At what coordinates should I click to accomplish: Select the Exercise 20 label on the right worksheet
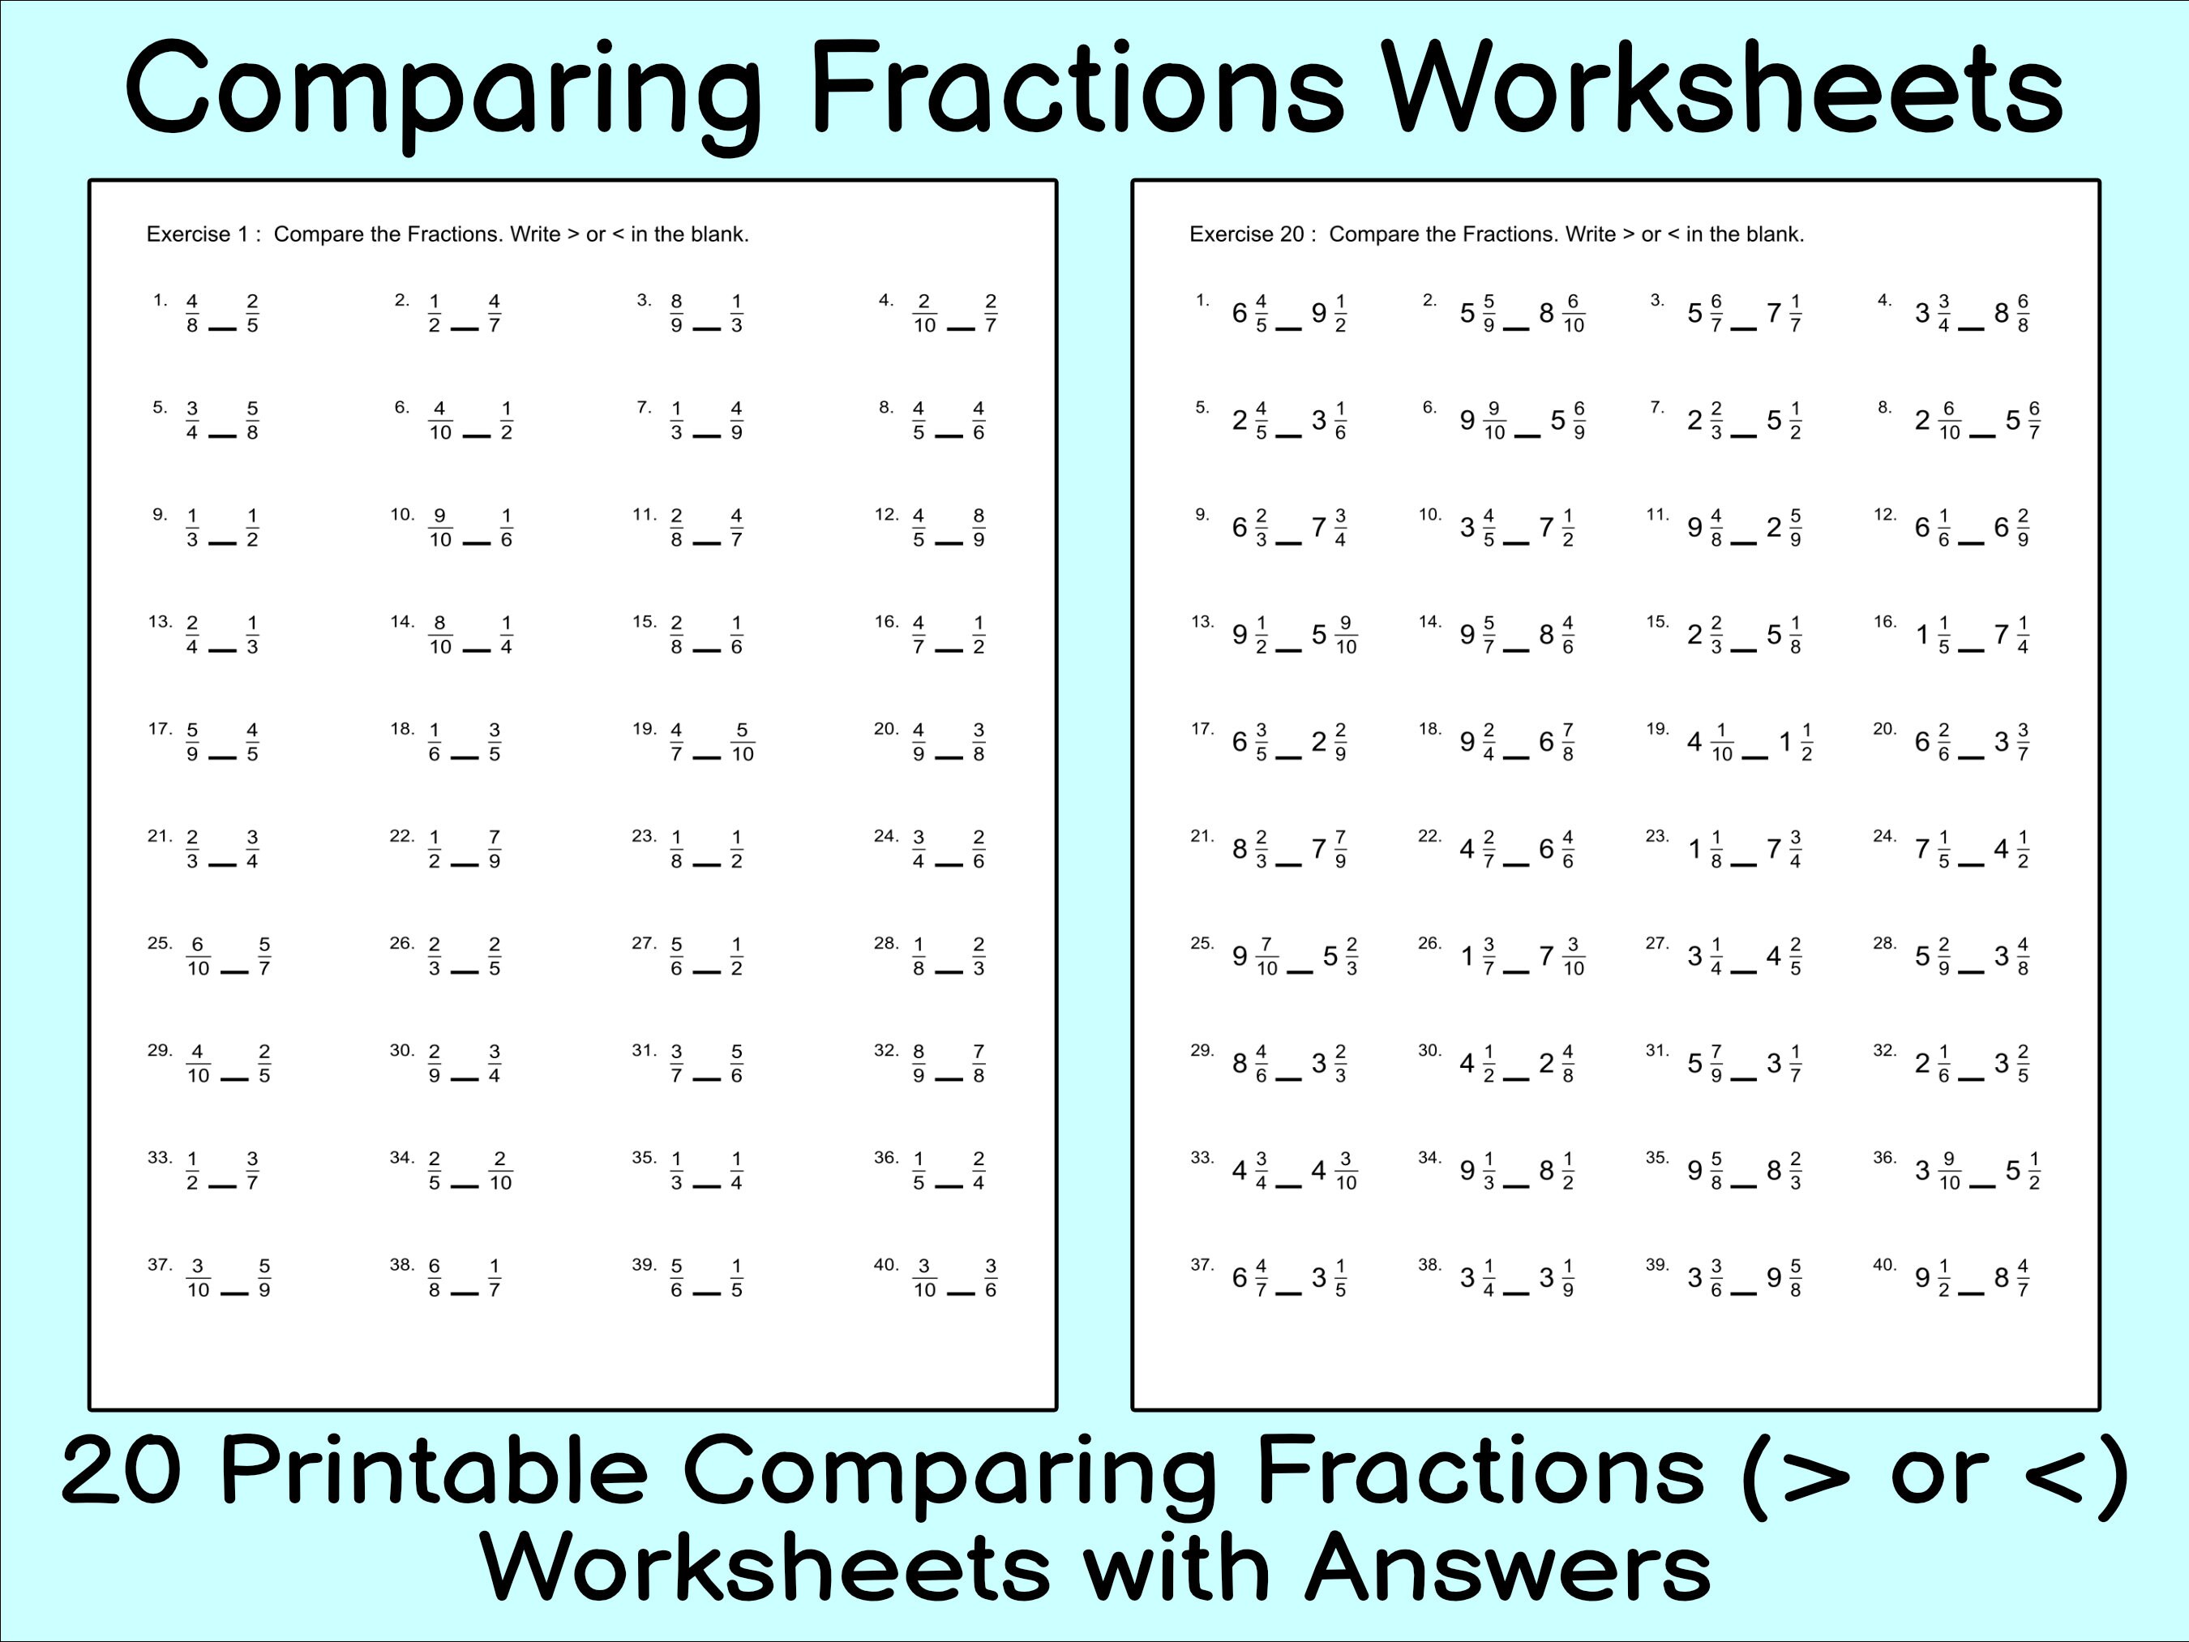(1253, 234)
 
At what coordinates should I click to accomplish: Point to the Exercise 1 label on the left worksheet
(203, 234)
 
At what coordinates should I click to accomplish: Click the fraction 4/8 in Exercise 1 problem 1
(192, 314)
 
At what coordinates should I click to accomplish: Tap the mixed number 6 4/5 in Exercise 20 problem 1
(1249, 314)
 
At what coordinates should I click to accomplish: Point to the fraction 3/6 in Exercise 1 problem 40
(991, 1279)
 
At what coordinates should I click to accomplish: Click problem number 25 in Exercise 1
(160, 943)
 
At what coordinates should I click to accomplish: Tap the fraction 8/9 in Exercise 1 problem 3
(676, 314)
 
